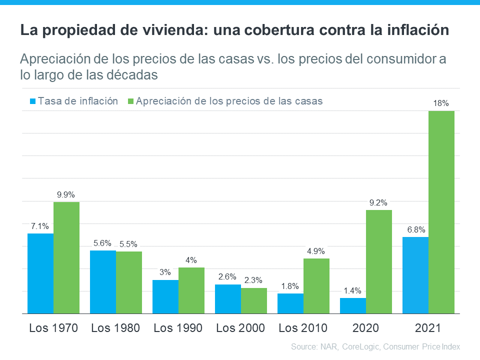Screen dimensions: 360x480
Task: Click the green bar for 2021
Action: click(x=441, y=212)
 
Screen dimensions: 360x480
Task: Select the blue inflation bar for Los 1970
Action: click(x=40, y=273)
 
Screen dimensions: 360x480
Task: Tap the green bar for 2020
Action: click(x=378, y=261)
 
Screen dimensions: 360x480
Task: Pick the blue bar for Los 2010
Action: click(x=290, y=303)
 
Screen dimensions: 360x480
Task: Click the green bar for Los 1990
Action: click(x=191, y=290)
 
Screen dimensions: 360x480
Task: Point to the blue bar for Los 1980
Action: click(x=103, y=282)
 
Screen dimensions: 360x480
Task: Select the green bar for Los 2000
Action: click(x=254, y=300)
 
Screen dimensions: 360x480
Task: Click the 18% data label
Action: click(x=441, y=103)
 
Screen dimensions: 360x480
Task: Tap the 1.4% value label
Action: click(x=352, y=290)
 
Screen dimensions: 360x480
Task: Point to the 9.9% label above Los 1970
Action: click(x=66, y=194)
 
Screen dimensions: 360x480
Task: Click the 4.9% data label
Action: click(x=316, y=251)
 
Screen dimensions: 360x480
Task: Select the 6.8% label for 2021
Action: click(x=415, y=229)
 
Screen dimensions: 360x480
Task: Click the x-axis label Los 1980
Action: click(x=115, y=328)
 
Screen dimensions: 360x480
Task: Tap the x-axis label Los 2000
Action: click(x=240, y=328)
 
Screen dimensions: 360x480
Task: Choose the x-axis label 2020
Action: click(x=365, y=328)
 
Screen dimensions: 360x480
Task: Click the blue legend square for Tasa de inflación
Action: click(x=33, y=101)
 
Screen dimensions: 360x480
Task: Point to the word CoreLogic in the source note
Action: click(x=361, y=346)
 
